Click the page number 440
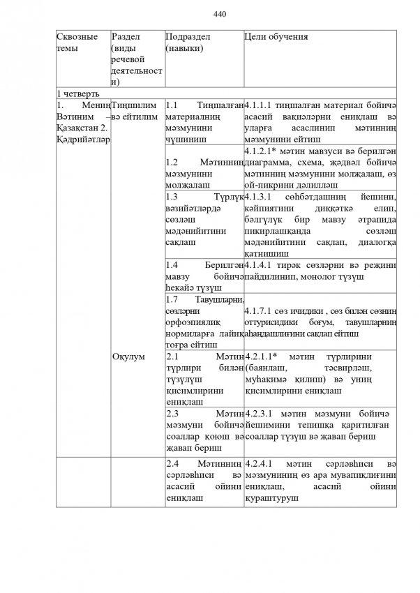tap(220, 14)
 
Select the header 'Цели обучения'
tap(276, 36)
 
